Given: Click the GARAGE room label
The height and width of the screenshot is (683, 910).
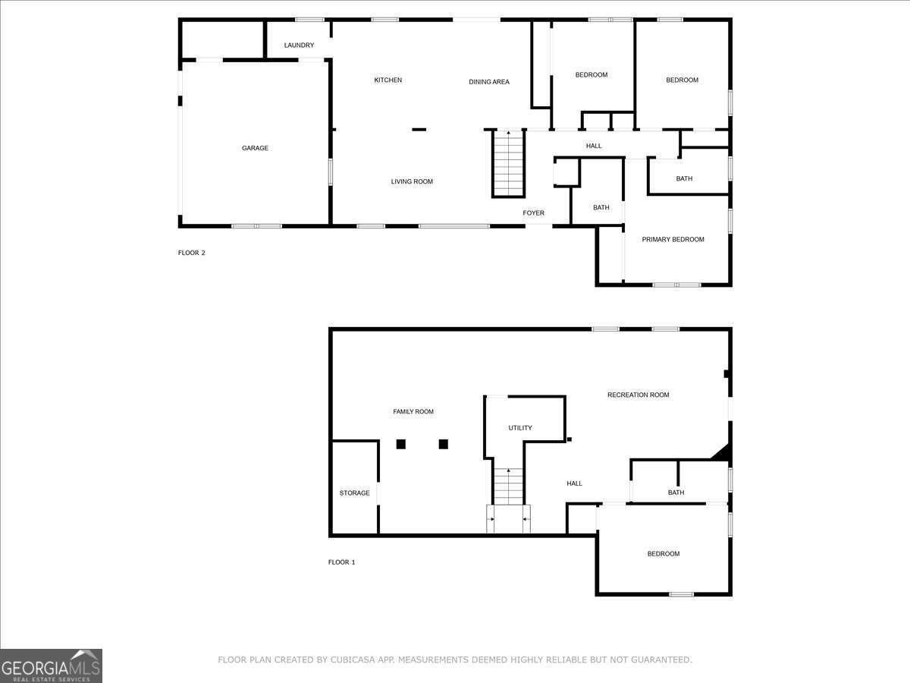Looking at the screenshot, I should (255, 148).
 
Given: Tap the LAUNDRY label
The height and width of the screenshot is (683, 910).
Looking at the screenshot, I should (299, 46).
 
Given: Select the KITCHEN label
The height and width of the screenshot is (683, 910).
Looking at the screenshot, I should (388, 80).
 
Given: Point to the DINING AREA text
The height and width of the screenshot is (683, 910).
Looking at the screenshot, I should (489, 82).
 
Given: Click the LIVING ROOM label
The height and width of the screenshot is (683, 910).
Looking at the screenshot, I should (412, 181).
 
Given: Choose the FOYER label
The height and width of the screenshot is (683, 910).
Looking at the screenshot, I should (533, 213).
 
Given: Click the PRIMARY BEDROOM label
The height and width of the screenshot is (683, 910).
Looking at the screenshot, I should (673, 240).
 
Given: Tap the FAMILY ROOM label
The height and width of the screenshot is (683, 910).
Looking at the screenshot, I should (413, 412).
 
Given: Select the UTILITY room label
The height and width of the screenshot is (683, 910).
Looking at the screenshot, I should (519, 428).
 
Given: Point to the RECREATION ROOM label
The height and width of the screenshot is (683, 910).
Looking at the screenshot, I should (638, 395).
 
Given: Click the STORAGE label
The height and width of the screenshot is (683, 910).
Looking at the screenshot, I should (354, 493).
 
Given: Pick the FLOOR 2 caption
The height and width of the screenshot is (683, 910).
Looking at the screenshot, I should (191, 253).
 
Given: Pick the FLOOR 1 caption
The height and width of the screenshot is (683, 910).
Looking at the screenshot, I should (341, 562).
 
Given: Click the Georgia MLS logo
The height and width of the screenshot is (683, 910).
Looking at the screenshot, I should (51, 666).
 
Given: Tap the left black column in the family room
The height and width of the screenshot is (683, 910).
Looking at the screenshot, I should (401, 444).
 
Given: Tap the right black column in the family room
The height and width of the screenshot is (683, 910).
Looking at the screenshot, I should (444, 444).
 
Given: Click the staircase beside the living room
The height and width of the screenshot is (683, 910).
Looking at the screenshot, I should (508, 163).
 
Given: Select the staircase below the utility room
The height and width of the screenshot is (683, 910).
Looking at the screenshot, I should (508, 486).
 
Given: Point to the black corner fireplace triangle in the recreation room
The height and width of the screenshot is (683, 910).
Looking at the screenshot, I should (722, 452).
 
